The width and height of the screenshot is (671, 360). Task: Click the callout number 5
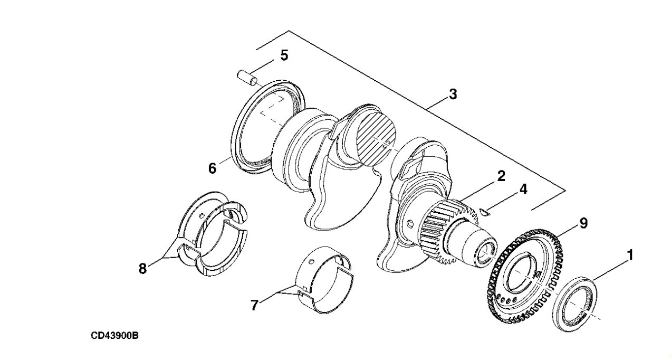(284, 55)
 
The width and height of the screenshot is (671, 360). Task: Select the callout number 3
(453, 95)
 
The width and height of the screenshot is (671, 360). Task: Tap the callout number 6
(212, 168)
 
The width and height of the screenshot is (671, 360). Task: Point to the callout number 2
(501, 176)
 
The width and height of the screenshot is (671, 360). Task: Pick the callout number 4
(522, 188)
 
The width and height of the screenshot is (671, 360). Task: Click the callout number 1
(629, 255)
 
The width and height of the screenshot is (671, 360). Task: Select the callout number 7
(254, 305)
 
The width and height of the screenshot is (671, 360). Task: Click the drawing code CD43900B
(114, 336)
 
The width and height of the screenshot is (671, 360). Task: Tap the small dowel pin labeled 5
(246, 78)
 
